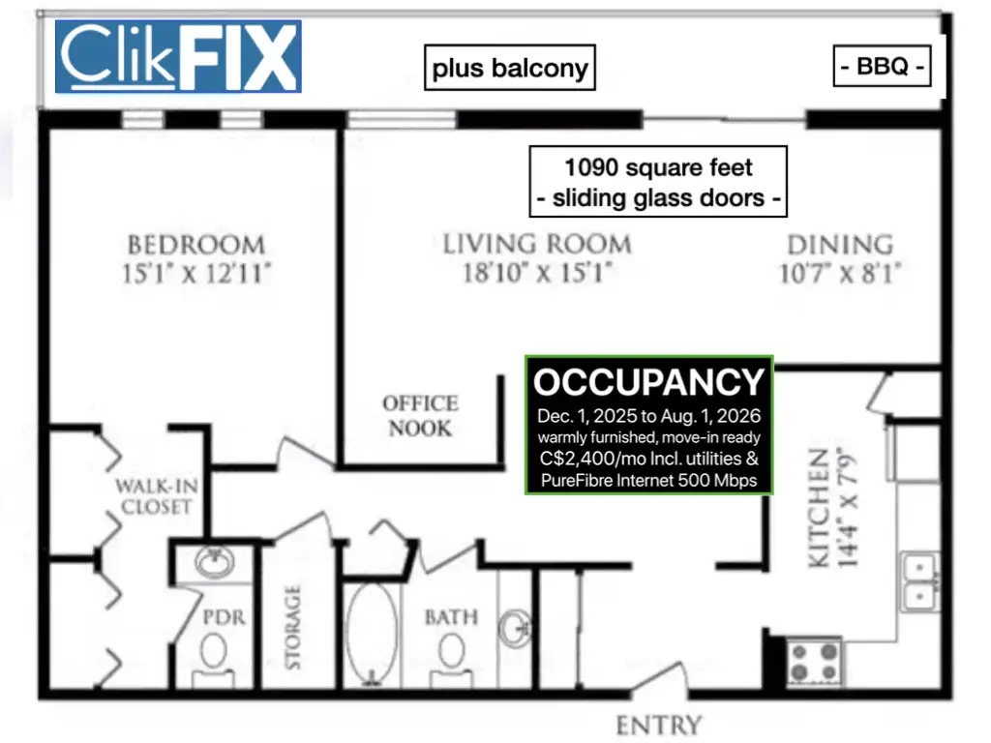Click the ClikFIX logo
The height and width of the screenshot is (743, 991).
tap(178, 56)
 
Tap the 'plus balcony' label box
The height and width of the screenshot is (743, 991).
tap(509, 68)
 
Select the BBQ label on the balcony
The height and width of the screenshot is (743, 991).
tap(882, 66)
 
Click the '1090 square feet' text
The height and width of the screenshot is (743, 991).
tap(658, 167)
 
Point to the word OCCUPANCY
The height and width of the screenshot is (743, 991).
tap(649, 382)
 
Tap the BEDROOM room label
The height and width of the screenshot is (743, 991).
tap(195, 245)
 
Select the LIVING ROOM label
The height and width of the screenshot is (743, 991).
tap(536, 245)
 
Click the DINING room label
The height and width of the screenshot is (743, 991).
tap(840, 245)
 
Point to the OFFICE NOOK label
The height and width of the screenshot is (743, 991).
tap(420, 416)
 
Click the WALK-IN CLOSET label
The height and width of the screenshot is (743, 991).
tap(157, 496)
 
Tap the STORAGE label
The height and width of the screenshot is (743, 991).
tap(292, 627)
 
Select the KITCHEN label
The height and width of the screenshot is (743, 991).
tap(819, 508)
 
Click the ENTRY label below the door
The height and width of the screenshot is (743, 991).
tap(659, 726)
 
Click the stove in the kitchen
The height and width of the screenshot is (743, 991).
tap(814, 662)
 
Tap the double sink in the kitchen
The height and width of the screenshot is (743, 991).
tap(919, 581)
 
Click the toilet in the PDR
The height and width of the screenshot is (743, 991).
tap(214, 657)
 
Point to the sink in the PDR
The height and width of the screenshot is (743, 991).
tap(214, 562)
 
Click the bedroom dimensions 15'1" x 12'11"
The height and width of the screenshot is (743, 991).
tap(195, 274)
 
